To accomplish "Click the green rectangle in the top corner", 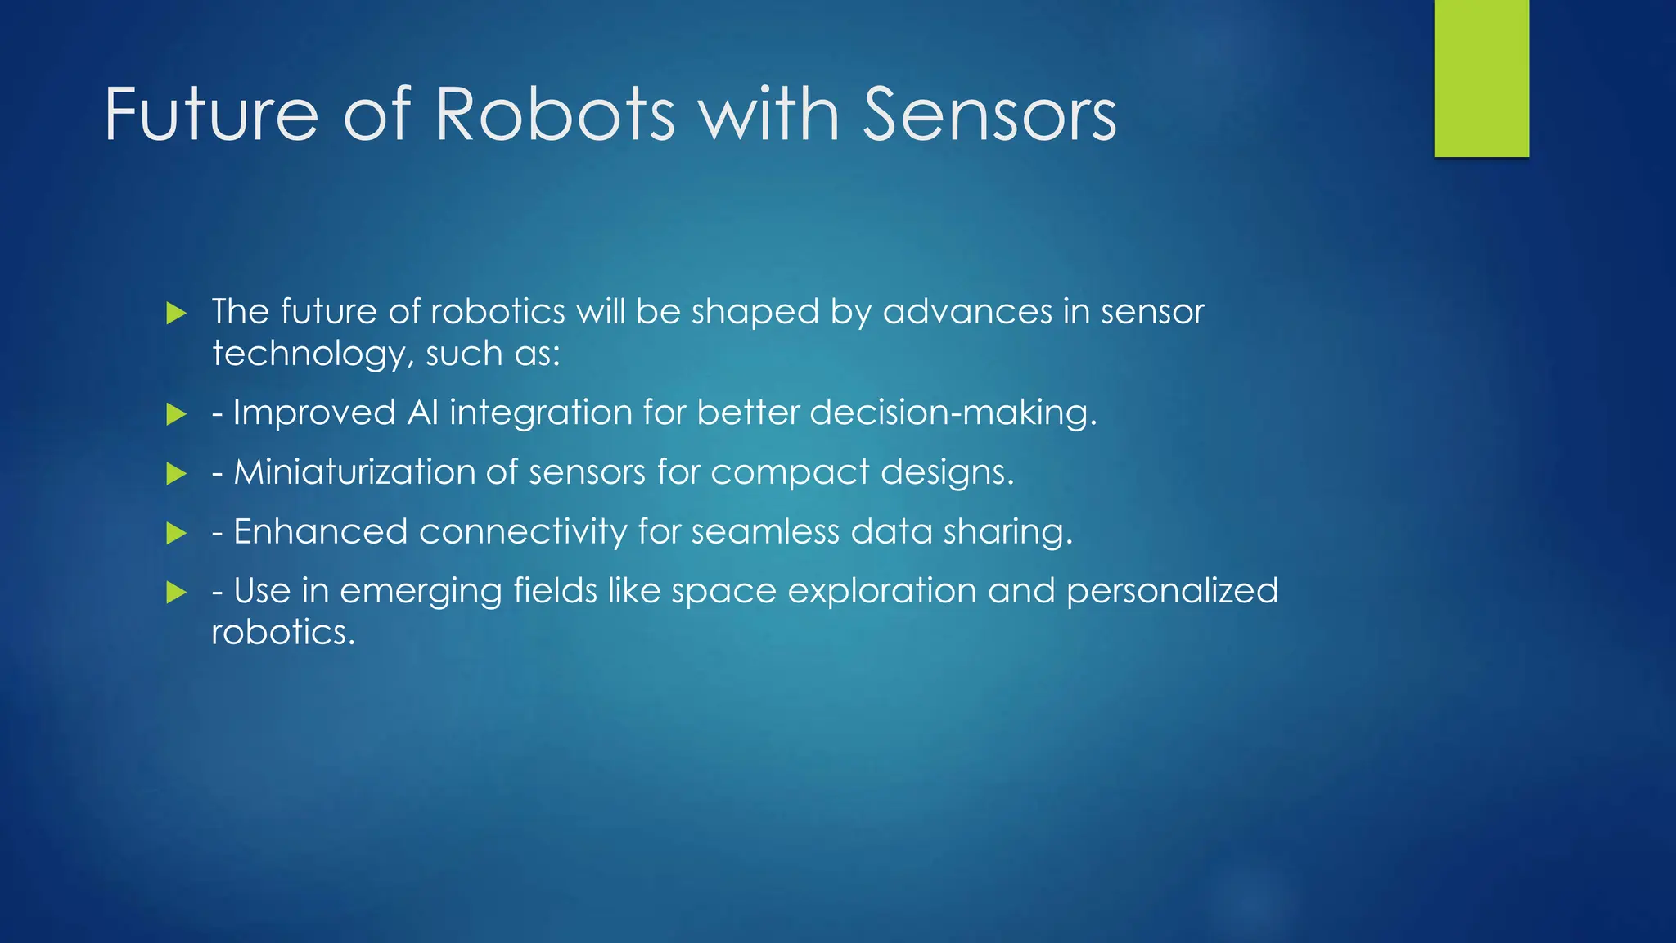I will (x=1481, y=78).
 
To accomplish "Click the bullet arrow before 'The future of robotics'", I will (x=176, y=313).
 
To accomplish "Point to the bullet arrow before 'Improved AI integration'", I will (x=176, y=414).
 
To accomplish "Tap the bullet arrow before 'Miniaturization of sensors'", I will (x=176, y=473).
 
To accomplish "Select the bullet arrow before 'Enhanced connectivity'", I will (x=176, y=534).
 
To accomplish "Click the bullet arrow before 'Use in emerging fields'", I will (x=176, y=593).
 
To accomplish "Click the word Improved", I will (x=314, y=413).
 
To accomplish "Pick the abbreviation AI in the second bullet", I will (x=423, y=413).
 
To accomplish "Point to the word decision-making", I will (x=953, y=413).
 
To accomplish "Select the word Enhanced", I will (x=320, y=532).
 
